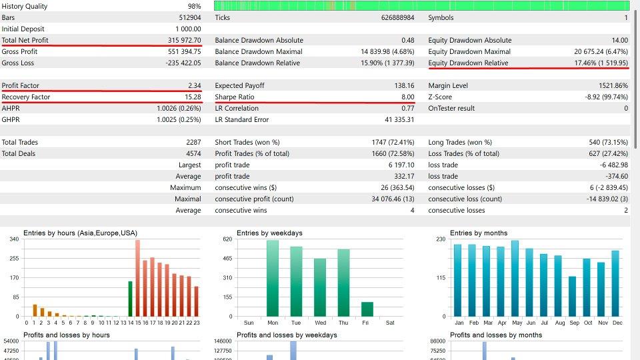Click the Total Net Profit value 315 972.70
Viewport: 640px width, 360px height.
184,40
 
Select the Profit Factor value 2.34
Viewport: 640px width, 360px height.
194,85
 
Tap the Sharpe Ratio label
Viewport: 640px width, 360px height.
234,97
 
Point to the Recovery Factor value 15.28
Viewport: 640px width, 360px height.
193,97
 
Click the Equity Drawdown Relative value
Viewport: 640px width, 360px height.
601,63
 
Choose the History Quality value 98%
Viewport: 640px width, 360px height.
194,6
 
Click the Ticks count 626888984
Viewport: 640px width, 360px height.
397,17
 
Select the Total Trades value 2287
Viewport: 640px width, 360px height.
193,142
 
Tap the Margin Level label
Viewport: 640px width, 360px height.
448,85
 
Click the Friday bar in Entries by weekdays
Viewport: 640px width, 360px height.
367,309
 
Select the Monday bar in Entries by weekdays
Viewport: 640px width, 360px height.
273,278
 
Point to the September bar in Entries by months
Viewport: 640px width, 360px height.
572,296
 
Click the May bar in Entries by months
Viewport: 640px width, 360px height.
515,279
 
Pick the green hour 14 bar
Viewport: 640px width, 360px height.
130,299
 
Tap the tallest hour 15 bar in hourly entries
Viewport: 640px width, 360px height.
137,278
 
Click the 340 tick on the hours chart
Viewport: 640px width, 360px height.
14,239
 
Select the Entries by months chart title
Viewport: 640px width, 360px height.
479,233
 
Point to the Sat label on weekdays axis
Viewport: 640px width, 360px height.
390,323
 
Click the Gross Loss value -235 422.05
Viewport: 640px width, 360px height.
183,63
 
